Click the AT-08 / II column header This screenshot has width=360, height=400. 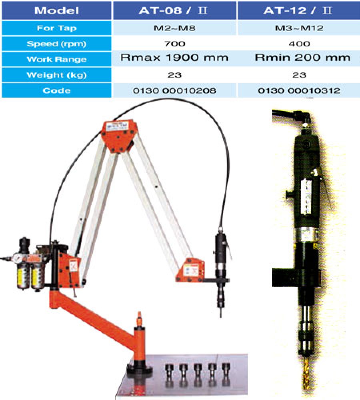[173, 10]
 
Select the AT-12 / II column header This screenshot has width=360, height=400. [298, 10]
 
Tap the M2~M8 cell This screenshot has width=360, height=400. [174, 28]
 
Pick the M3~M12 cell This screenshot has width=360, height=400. [299, 28]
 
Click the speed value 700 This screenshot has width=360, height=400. [175, 44]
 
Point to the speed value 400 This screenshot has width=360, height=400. [299, 44]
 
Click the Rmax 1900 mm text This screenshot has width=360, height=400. [174, 58]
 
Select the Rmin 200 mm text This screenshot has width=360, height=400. [302, 58]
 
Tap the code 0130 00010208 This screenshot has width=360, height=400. [174, 90]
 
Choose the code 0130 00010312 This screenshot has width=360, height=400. [299, 90]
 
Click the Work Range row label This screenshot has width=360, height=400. [57, 60]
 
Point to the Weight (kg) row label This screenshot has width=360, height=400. [57, 75]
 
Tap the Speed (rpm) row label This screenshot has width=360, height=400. [57, 44]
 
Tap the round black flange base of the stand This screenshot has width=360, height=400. [140, 369]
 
